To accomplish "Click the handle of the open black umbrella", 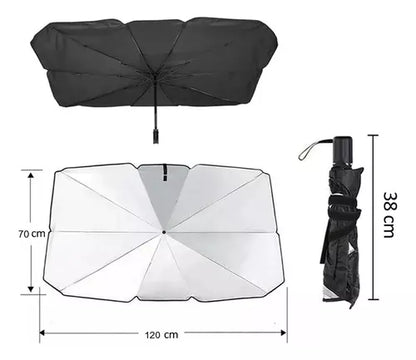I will coord(156,131).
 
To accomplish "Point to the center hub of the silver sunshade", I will coord(163,232).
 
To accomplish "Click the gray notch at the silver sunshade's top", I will coord(163,180).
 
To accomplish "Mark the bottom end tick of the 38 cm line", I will coord(372,297).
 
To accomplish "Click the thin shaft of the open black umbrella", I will coord(155,100).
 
